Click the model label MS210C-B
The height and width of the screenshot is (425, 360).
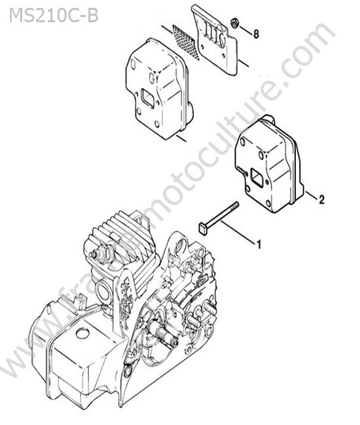[x=54, y=16]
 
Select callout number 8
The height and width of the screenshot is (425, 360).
[x=256, y=34]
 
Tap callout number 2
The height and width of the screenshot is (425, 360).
[x=321, y=199]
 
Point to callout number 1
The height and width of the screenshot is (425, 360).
[x=259, y=245]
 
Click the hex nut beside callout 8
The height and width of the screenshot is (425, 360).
[x=234, y=22]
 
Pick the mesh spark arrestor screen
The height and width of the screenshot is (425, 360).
[x=184, y=41]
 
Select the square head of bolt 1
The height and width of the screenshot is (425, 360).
[x=203, y=228]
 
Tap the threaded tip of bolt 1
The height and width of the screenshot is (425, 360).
[x=235, y=205]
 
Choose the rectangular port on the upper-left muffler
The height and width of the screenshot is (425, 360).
[x=148, y=98]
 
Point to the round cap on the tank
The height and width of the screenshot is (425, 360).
[x=82, y=333]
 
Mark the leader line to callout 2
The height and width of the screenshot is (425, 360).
[x=311, y=195]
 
